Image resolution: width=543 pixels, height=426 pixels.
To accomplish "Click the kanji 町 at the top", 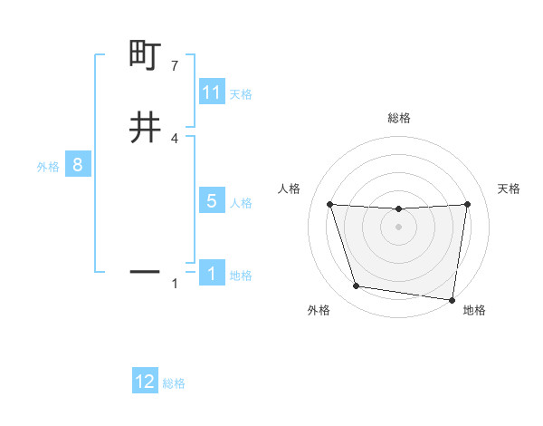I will pyautogui.click(x=145, y=56).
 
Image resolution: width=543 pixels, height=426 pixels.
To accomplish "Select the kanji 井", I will pyautogui.click(x=145, y=129).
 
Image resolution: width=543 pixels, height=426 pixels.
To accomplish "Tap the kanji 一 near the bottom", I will pyautogui.click(x=145, y=271).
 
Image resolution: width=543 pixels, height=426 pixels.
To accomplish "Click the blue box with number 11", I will pyautogui.click(x=212, y=92).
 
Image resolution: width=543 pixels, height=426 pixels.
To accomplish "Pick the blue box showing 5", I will pyautogui.click(x=212, y=201).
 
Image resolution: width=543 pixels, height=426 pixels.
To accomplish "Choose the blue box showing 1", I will pyautogui.click(x=212, y=274).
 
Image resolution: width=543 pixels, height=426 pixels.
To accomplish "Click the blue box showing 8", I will pyautogui.click(x=78, y=165).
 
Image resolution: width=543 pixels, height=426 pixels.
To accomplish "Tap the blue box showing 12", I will pyautogui.click(x=145, y=382).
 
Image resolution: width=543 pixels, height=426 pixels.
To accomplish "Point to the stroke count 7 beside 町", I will pyautogui.click(x=175, y=66).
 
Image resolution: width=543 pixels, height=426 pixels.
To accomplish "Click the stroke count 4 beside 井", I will pyautogui.click(x=175, y=138).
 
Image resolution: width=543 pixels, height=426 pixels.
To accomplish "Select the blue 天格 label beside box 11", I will pyautogui.click(x=241, y=94).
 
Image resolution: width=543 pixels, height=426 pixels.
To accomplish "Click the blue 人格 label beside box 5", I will pyautogui.click(x=241, y=203).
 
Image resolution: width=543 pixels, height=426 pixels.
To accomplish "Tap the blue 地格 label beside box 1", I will pyautogui.click(x=241, y=276).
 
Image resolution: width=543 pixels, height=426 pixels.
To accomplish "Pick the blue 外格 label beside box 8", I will pyautogui.click(x=48, y=167).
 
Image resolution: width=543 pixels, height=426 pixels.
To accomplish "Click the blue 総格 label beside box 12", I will pyautogui.click(x=174, y=383).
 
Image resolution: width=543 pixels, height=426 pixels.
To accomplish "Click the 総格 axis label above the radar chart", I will pyautogui.click(x=398, y=118).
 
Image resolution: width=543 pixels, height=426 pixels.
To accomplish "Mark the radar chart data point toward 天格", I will pyautogui.click(x=468, y=204).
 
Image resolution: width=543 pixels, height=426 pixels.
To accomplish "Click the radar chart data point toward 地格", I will pyautogui.click(x=452, y=299).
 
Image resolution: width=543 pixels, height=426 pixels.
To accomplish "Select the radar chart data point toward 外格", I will pyautogui.click(x=357, y=286).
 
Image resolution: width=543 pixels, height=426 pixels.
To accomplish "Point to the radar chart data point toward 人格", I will pyautogui.click(x=329, y=204).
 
